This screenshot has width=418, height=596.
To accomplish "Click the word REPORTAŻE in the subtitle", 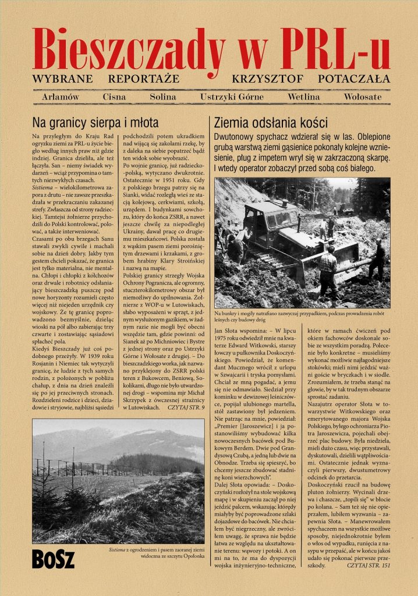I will (144, 79).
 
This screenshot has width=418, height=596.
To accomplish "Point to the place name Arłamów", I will (61, 97).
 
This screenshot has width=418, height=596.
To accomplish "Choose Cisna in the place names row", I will (115, 97).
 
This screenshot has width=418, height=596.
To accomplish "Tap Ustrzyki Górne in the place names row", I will (232, 97).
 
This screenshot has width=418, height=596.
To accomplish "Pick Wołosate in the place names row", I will (363, 97).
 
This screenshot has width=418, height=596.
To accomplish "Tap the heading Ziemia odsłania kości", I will (271, 123).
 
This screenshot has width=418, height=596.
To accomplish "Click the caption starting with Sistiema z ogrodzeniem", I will (157, 553).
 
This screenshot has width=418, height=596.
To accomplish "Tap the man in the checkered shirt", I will (327, 269).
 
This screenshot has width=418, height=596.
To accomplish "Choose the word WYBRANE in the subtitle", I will (61, 79).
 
